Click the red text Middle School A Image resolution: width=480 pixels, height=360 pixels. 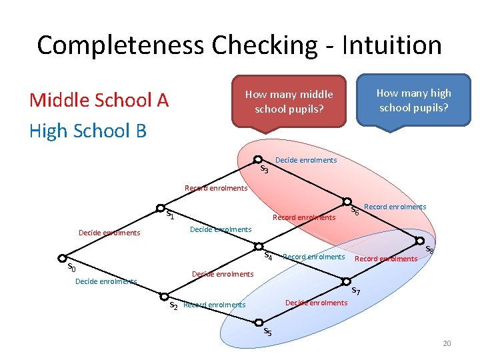tap(99, 100)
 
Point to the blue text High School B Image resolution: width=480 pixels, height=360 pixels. tap(87, 131)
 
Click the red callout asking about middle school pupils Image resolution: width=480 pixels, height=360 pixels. tap(289, 101)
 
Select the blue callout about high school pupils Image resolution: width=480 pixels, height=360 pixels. tap(413, 99)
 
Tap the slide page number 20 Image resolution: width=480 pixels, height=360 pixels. tap(447, 343)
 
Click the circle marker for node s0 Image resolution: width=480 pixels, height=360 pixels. tap(61, 258)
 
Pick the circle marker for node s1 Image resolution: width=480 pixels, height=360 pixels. tap(161, 207)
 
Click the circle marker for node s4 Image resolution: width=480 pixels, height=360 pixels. tap(261, 244)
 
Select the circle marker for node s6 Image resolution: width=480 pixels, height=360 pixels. tap(347, 201)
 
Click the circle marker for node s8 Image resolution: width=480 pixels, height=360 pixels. tap(420, 241)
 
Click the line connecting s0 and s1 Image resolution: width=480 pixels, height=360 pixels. tap(111, 233)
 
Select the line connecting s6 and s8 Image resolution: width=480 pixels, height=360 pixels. tap(383, 221)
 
